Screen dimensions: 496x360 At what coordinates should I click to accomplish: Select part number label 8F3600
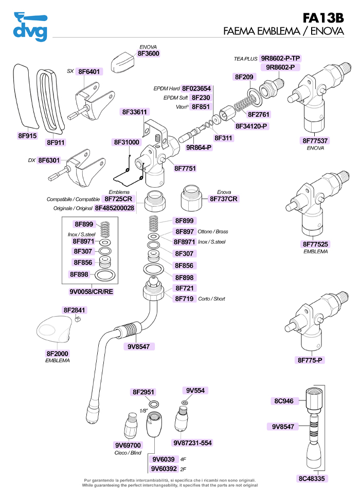pyautogui.click(x=148, y=53)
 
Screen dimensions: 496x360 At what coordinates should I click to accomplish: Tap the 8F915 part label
pyautogui.click(x=27, y=136)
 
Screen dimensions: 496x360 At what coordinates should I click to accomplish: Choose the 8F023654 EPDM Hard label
pyautogui.click(x=196, y=88)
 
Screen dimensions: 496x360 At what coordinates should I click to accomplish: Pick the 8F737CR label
pyautogui.click(x=224, y=198)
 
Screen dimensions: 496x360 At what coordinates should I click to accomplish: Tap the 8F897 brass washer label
pyautogui.click(x=185, y=232)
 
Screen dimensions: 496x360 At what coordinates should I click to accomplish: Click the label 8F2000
pyautogui.click(x=58, y=354)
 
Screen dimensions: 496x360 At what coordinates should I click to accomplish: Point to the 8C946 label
pyautogui.click(x=283, y=401)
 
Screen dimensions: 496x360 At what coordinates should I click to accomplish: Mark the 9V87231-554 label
pyautogui.click(x=192, y=443)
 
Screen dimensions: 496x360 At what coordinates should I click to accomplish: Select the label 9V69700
pyautogui.click(x=128, y=445)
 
